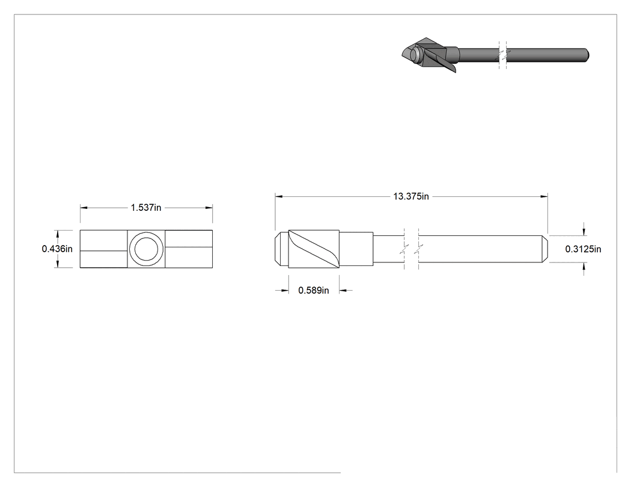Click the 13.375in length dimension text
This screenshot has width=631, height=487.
point(411,196)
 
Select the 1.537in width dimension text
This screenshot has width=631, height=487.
point(145,208)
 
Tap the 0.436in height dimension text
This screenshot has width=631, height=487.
point(57,249)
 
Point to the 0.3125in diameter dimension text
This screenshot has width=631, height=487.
point(583,249)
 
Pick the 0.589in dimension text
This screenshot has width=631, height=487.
point(314,291)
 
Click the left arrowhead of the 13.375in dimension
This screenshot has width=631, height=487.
point(278,196)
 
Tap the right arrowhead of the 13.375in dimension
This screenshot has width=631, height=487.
point(544,196)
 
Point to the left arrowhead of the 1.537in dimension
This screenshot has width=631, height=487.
point(84,208)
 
